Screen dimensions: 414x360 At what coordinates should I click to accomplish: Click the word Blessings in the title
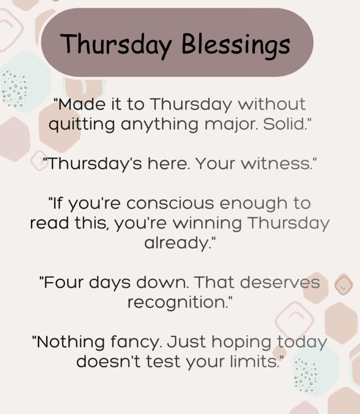(x=235, y=45)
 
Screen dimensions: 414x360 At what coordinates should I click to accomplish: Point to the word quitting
(x=82, y=125)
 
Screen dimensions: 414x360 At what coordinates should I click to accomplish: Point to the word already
(x=180, y=243)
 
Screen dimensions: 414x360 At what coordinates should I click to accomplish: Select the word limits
(x=257, y=362)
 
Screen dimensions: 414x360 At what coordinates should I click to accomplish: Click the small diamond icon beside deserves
(x=344, y=284)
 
